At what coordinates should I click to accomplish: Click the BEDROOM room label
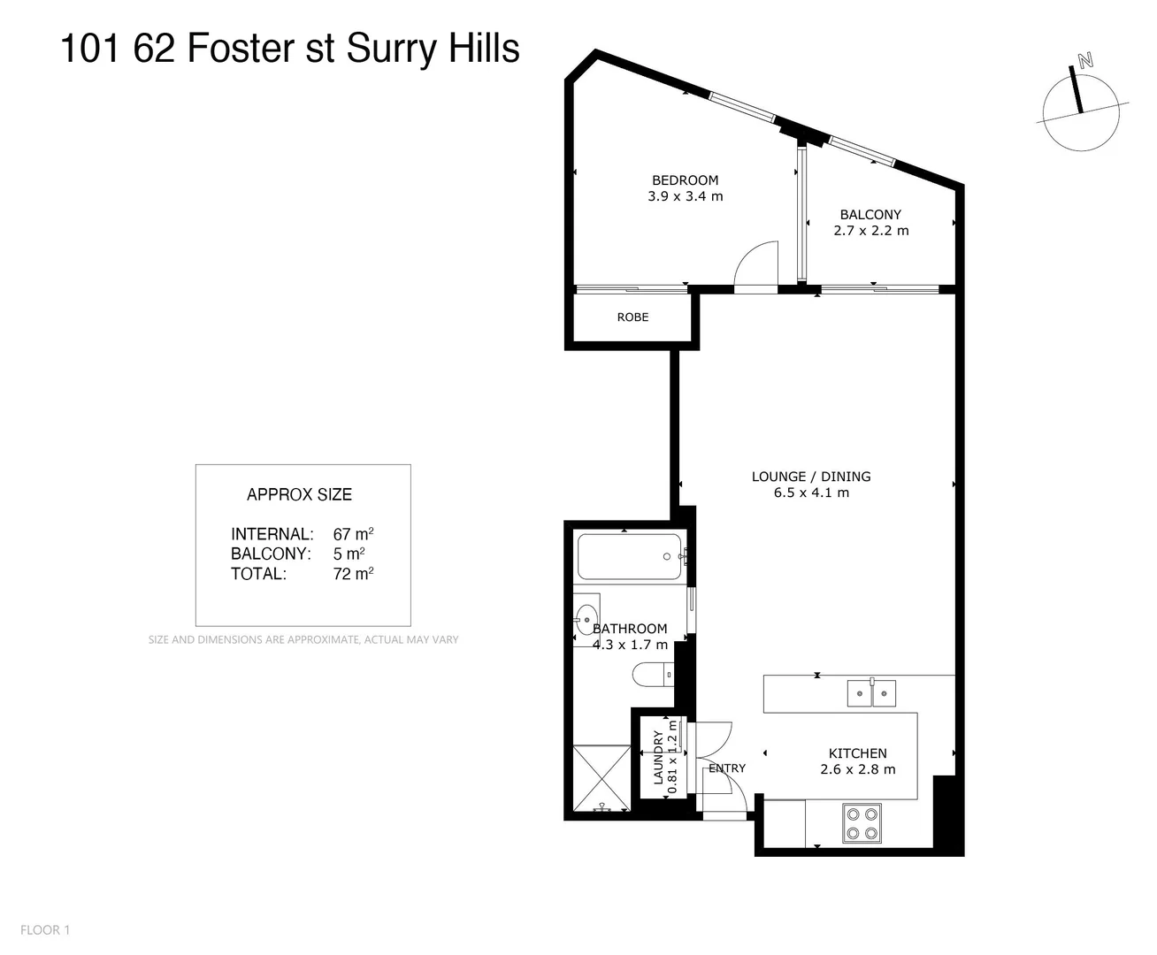click(x=685, y=180)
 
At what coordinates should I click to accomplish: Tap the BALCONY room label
click(x=870, y=215)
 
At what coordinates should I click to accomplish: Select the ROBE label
click(x=632, y=317)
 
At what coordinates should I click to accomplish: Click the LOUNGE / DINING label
click(x=811, y=477)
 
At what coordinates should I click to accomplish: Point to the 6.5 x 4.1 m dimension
click(x=811, y=493)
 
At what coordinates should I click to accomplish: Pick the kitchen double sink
click(x=871, y=693)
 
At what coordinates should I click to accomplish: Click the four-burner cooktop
click(x=862, y=822)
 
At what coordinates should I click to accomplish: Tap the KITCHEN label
click(x=857, y=753)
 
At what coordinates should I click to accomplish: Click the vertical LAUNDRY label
click(x=658, y=757)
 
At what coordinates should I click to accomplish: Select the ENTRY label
click(x=727, y=768)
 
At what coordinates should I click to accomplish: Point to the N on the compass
click(x=1085, y=61)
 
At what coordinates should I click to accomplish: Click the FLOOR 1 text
click(x=45, y=929)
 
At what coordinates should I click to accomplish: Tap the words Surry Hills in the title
click(x=433, y=49)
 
